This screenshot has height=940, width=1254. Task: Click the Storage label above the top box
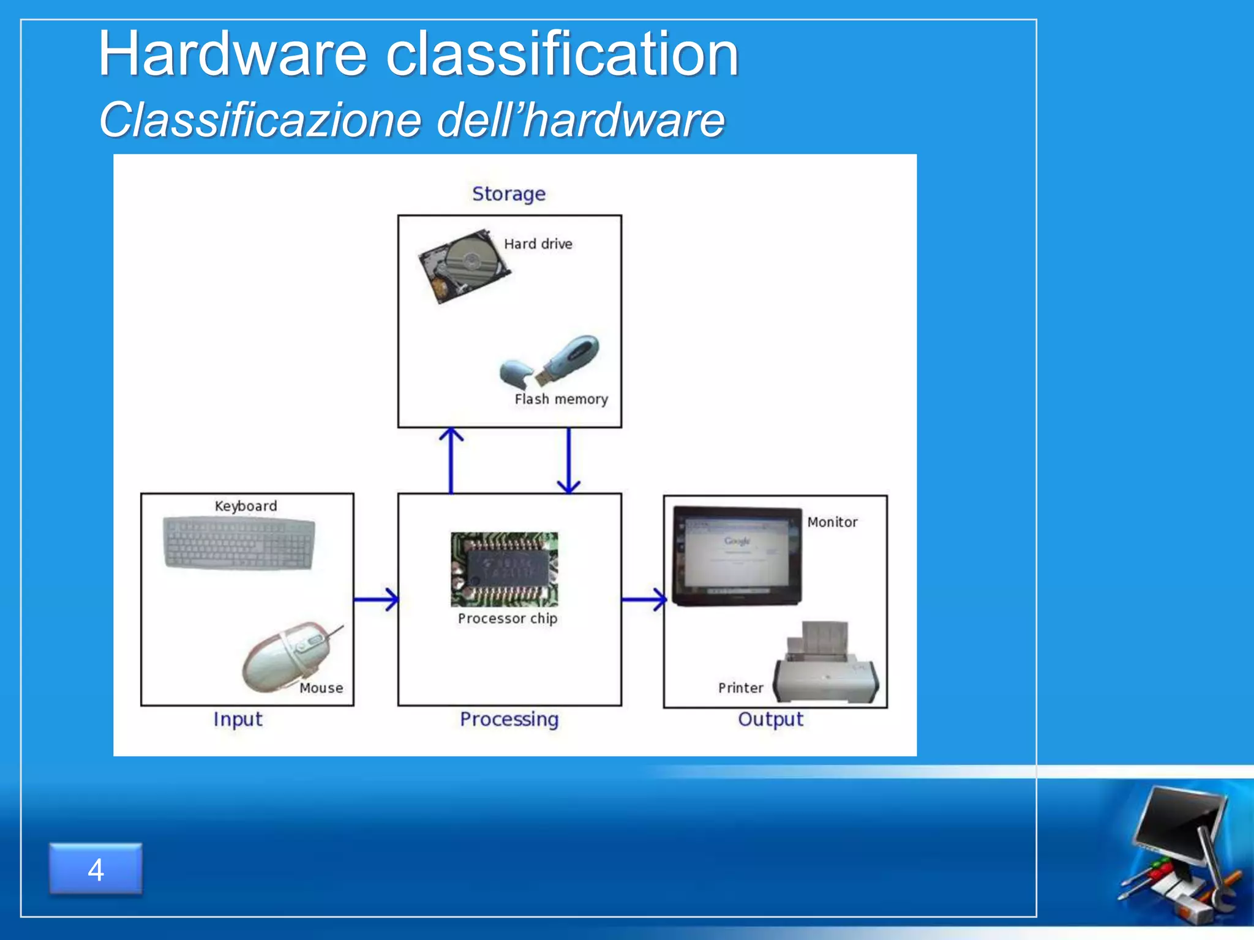click(508, 194)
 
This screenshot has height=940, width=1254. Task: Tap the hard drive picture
click(464, 266)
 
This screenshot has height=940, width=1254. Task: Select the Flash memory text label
click(561, 399)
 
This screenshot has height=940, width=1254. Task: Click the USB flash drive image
click(551, 362)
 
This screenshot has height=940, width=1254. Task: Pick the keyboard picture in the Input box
click(239, 543)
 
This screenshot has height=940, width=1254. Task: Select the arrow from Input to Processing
click(375, 599)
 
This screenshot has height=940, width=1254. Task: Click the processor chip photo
click(505, 569)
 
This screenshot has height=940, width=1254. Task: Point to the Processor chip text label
click(508, 618)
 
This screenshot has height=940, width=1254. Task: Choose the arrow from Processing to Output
click(643, 599)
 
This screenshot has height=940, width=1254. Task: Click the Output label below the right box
click(770, 719)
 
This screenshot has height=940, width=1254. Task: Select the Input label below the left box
click(238, 719)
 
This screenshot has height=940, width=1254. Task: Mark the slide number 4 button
click(96, 869)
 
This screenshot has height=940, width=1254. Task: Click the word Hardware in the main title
click(233, 55)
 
